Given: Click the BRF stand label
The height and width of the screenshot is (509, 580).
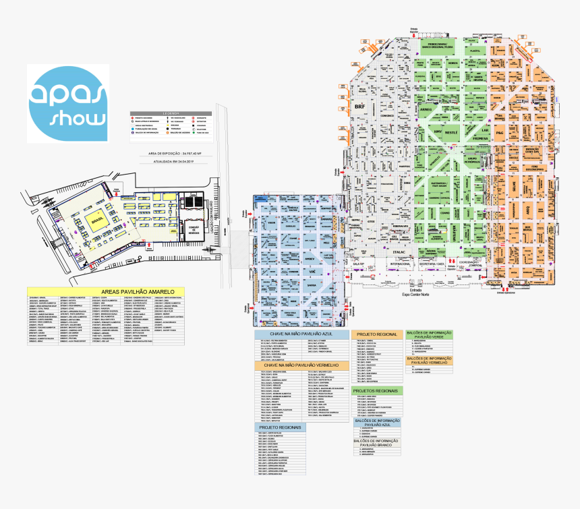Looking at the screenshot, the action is click(360, 107).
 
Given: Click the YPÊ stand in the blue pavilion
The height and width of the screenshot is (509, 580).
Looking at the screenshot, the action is click(312, 271).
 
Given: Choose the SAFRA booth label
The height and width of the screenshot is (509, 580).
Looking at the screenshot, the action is click(311, 285).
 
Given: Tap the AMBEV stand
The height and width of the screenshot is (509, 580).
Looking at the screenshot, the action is click(310, 258).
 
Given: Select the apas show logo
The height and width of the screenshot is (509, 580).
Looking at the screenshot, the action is click(68, 103).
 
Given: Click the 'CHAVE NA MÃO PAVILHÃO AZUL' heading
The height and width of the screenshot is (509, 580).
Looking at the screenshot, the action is click(301, 334).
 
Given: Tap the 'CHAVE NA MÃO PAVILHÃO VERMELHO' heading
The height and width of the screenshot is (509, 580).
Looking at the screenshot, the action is click(301, 365).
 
